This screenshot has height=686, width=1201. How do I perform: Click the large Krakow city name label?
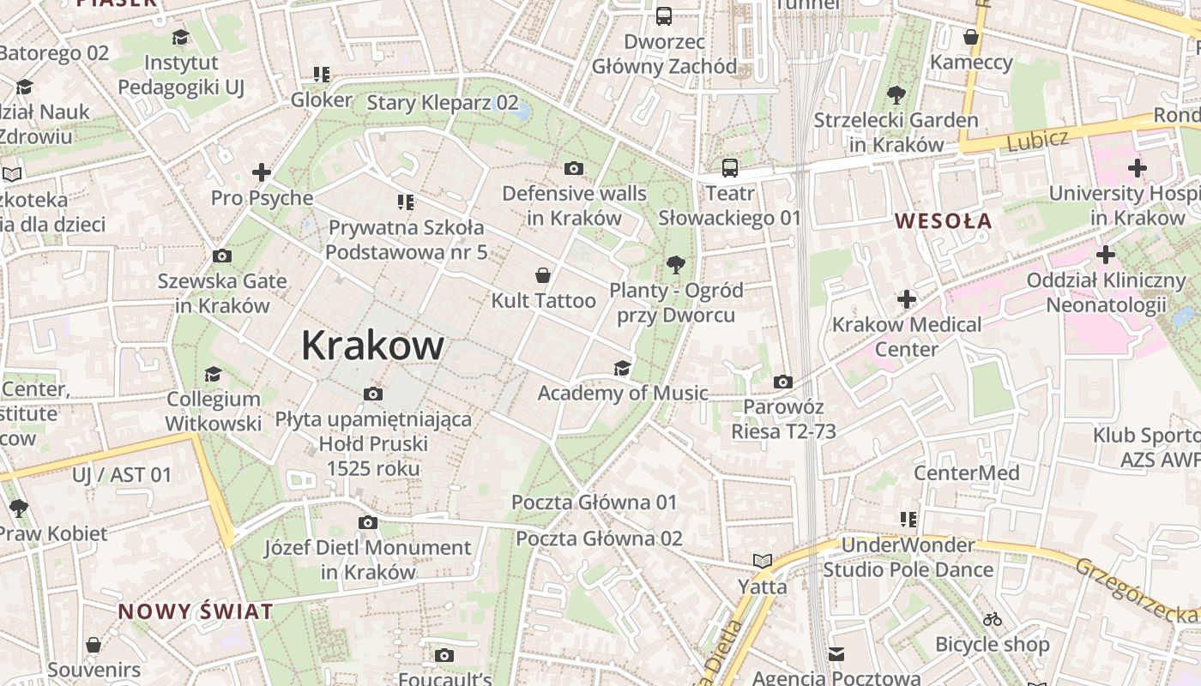[x=372, y=346]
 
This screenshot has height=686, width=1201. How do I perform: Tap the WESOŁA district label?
[x=943, y=221]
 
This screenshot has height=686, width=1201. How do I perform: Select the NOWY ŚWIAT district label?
[x=196, y=611]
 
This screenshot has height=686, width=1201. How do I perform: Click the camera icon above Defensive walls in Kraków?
[x=574, y=168]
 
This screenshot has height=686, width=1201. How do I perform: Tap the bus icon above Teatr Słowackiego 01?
[x=729, y=168]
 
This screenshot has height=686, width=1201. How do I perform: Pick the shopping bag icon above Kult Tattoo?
[x=543, y=275]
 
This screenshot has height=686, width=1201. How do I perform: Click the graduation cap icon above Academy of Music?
[x=622, y=368]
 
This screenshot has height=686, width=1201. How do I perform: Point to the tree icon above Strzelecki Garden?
[x=896, y=95]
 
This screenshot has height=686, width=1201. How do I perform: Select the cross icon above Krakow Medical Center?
[x=907, y=299]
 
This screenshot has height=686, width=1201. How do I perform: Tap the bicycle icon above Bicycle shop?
[x=992, y=619]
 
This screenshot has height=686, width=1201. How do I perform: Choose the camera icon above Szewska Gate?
[x=221, y=256]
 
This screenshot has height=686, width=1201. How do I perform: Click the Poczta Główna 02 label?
[x=599, y=539]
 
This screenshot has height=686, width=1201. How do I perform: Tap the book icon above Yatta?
[x=763, y=561]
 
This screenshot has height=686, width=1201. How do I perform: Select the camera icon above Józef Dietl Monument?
[x=367, y=522]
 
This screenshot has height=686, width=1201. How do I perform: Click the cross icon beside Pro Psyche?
[x=262, y=172]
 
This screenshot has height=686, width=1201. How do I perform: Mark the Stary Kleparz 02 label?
[x=443, y=103]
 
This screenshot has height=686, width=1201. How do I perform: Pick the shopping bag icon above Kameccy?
[x=971, y=37]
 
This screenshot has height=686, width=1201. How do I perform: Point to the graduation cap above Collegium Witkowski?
[x=213, y=374]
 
